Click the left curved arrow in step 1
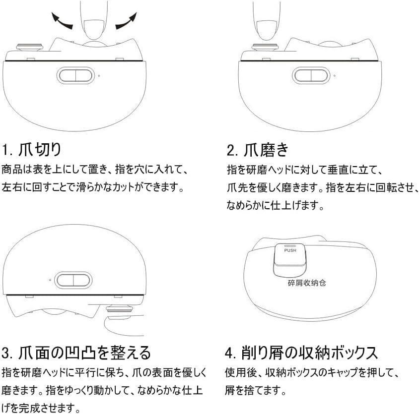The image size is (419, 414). point(62,21)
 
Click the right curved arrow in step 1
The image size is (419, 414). point(126,21)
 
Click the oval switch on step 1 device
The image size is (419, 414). point(75,75)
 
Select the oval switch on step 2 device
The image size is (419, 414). point(311,75)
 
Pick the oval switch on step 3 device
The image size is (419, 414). point(73,280)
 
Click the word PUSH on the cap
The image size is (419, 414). point(290,250)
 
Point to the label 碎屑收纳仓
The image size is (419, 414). point(307,283)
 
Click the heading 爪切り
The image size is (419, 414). point(40,149)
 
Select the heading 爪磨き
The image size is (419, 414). point(267,149)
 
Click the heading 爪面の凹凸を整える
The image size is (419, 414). point(85,353)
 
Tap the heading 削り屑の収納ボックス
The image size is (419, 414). point(310,353)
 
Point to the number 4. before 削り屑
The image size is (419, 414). point(231,353)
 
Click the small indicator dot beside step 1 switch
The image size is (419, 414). point(99,76)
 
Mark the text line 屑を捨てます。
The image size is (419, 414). point(256,391)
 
